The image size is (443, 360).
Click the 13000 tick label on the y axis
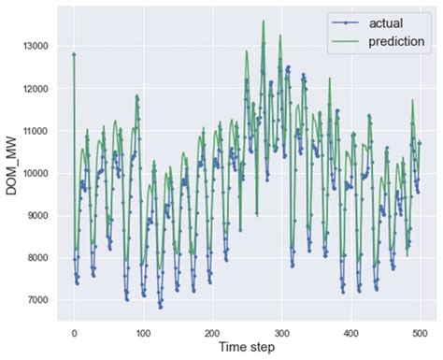point(38,45)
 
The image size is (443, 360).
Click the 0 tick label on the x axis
point(74,332)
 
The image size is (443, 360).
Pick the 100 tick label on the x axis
point(143,332)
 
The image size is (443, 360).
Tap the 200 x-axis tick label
point(212,332)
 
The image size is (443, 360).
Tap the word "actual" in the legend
point(386,21)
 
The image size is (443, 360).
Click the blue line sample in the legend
point(346,21)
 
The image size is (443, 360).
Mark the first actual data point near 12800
point(74,54)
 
